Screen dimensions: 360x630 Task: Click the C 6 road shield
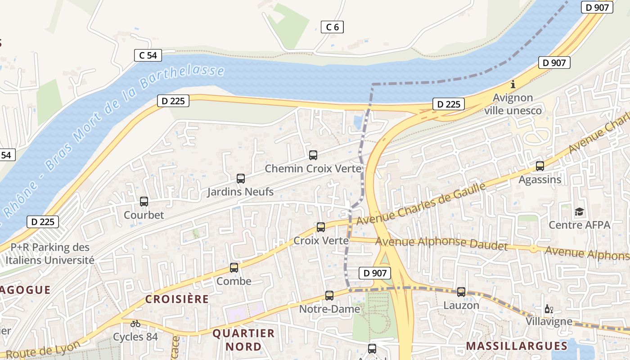coord(332,27)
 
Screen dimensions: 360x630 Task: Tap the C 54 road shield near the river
coord(148,55)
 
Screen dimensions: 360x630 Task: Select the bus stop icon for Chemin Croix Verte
coord(313,155)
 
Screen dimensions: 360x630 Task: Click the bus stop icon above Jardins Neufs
coord(241,179)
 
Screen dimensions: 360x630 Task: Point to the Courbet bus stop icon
coord(144,202)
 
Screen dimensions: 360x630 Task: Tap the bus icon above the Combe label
coord(234,268)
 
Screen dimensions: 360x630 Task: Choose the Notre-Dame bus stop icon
coord(329,296)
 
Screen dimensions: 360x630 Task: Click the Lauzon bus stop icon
coord(461,292)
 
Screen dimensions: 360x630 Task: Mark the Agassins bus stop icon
coord(540,166)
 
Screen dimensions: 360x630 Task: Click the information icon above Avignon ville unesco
coord(513,84)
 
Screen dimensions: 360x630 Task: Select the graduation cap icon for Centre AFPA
coord(579,211)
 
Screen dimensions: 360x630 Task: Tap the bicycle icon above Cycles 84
coord(135,323)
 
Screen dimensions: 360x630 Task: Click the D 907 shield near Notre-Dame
coord(375,273)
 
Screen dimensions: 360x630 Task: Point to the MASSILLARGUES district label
coord(517,346)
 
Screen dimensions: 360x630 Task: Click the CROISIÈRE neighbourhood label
coord(177,299)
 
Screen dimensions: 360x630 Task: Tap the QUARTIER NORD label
coord(243,340)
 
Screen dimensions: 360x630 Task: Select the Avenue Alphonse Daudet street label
coord(441,243)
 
